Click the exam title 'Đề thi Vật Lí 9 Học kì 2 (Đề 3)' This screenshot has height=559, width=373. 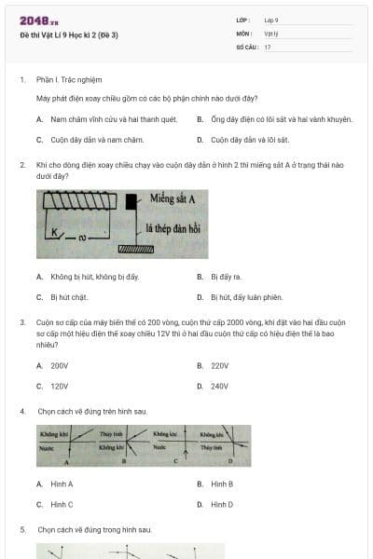click(69, 35)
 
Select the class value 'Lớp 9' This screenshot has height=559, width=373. click(271, 20)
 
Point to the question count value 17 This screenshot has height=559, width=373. click(268, 47)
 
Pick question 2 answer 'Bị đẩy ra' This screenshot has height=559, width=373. click(226, 277)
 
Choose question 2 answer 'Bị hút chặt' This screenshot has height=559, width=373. click(68, 297)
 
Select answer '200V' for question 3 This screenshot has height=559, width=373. click(60, 366)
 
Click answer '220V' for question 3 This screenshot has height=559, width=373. click(220, 366)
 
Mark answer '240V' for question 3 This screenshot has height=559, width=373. click(220, 386)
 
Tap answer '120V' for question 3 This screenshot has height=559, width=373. click(60, 386)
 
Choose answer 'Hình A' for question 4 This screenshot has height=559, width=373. click(62, 484)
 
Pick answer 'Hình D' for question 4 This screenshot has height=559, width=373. click(222, 504)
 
